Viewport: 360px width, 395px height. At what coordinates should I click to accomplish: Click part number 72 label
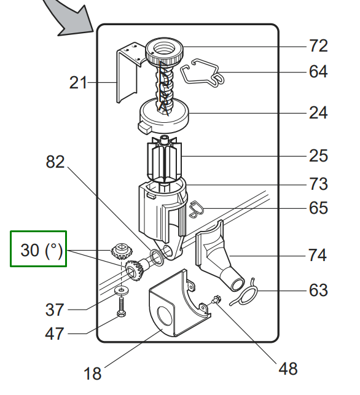[318, 46]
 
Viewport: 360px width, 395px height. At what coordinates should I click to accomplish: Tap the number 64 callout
[318, 71]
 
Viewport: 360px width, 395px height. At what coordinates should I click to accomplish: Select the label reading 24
[318, 113]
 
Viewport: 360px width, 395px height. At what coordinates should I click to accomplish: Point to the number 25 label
[318, 156]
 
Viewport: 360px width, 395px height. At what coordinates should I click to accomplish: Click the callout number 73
[318, 184]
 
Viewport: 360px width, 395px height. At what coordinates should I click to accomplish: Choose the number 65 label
[318, 208]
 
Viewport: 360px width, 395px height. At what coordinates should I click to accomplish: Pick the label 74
[318, 255]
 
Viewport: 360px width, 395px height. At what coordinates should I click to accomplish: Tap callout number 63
[318, 290]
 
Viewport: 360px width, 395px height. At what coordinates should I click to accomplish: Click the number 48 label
[288, 369]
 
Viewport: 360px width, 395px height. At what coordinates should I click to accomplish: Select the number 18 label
[92, 373]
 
